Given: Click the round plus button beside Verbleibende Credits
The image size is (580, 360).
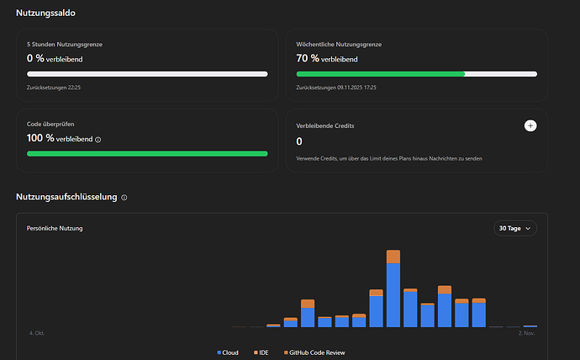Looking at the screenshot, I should (530, 125).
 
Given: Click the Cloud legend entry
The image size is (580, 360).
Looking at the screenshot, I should (228, 352).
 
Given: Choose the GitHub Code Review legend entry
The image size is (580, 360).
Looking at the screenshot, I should (314, 352).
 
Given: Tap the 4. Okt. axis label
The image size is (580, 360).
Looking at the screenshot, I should (36, 333).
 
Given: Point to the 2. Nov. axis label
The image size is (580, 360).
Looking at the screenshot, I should (527, 333).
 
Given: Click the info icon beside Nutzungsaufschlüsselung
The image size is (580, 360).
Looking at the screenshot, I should (124, 198).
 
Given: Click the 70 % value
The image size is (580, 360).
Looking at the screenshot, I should (307, 59).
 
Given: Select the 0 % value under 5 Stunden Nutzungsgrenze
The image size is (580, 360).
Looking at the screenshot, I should (35, 59).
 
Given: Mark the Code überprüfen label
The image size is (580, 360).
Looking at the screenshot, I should (51, 124).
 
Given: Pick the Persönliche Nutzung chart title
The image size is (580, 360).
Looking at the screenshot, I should (55, 228).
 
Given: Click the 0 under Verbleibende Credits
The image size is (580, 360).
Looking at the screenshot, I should (300, 141).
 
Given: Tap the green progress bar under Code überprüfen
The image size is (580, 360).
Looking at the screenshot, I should (147, 154).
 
